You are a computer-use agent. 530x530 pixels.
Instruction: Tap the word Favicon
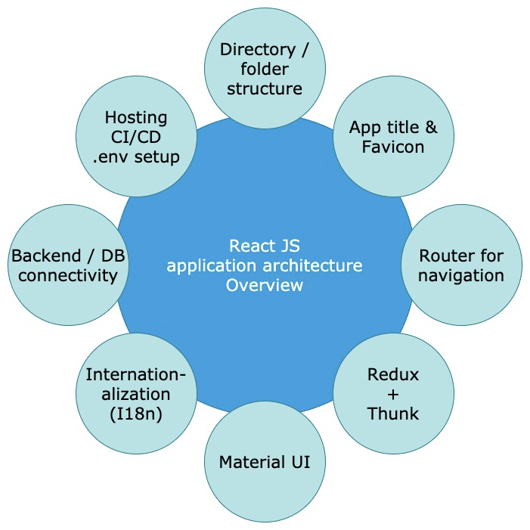pos(393,147)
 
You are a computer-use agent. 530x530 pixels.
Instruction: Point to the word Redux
pos(392,373)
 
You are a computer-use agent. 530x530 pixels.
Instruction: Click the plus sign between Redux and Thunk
pos(393,393)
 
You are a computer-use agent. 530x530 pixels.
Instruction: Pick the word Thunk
pos(393,413)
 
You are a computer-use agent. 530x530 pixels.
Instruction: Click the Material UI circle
pos(265,461)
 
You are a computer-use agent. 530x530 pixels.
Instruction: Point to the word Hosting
pos(136,118)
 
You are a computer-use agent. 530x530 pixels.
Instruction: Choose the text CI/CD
pos(136,138)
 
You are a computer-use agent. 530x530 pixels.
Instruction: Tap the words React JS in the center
pos(265,246)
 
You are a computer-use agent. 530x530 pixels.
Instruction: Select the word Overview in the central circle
pos(265,285)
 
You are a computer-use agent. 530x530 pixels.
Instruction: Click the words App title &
pos(393,128)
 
